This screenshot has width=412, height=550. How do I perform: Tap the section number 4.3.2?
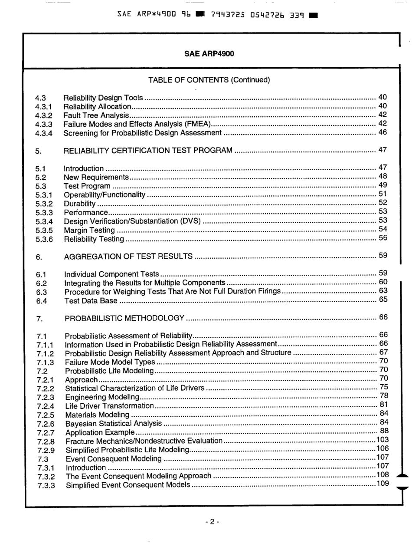(44, 115)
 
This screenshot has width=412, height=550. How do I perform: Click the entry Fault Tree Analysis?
(96, 115)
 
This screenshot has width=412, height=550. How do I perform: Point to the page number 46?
(382, 132)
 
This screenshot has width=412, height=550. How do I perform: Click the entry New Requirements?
(96, 177)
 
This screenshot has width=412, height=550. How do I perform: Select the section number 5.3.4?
(44, 221)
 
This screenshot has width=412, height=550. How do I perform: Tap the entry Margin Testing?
(89, 230)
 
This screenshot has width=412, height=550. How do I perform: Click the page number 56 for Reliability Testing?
(382, 238)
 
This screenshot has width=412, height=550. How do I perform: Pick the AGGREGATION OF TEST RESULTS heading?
(128, 256)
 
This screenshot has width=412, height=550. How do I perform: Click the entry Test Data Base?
(90, 300)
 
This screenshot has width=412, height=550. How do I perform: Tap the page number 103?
(382, 441)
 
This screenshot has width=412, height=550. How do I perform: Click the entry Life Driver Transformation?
(109, 406)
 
